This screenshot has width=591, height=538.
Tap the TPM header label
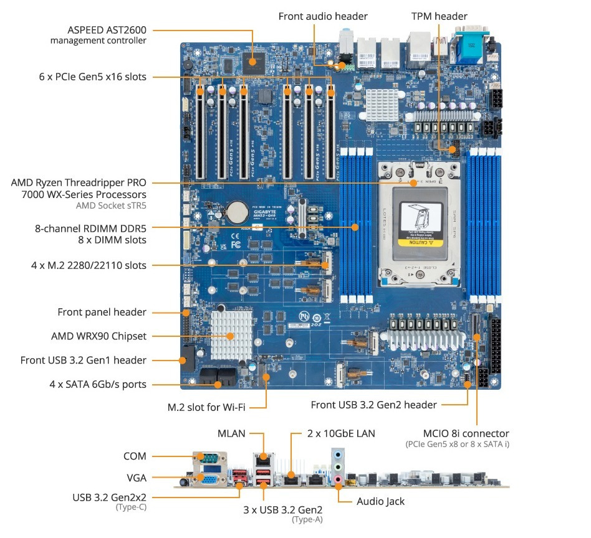click(x=439, y=16)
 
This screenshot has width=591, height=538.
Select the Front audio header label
click(x=323, y=16)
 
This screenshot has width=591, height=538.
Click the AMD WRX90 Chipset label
click(x=98, y=336)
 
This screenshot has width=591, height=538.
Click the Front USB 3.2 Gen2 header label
click(x=373, y=405)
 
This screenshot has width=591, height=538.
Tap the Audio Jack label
click(x=380, y=501)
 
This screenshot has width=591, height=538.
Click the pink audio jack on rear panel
click(x=338, y=479)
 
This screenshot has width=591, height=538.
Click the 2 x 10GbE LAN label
click(x=341, y=433)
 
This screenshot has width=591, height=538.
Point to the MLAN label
click(x=231, y=433)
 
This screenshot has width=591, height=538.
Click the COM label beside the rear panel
click(x=135, y=456)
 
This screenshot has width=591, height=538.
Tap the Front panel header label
click(x=102, y=312)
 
